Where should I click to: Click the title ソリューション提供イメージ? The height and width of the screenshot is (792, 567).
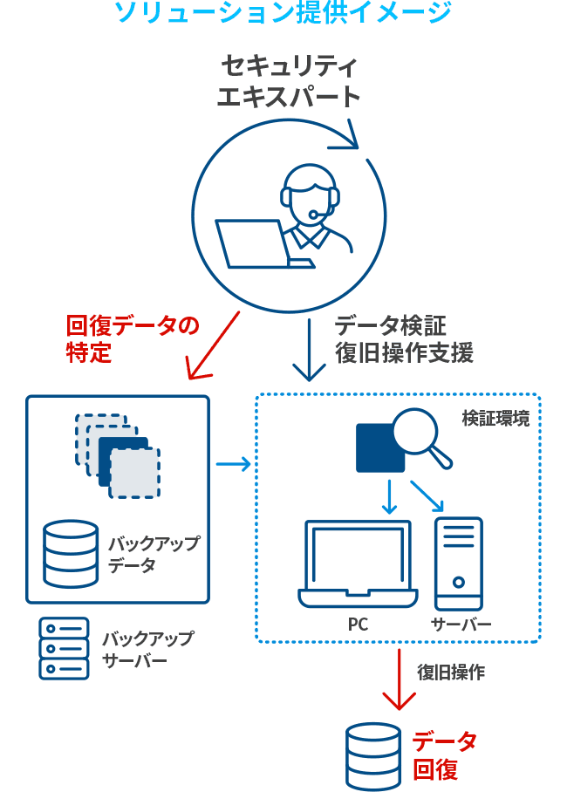pos(283,13)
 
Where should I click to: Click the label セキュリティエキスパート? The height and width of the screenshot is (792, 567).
pos(288,81)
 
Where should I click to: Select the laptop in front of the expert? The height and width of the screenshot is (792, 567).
pos(253,243)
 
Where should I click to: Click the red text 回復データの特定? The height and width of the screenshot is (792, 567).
pos(131,339)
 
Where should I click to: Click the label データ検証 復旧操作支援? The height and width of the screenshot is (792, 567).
pos(404,339)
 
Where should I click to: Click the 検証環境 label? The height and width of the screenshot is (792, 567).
pos(495,419)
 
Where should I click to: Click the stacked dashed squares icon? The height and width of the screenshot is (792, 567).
pos(118,454)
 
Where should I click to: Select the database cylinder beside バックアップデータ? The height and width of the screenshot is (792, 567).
pos(70,554)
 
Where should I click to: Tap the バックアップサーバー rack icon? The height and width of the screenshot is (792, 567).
pos(64,648)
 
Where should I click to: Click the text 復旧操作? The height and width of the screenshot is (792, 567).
pos(450,673)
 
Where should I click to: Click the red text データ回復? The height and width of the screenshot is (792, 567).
pos(444,755)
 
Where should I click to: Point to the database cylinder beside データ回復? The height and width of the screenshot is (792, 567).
pos(373,756)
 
